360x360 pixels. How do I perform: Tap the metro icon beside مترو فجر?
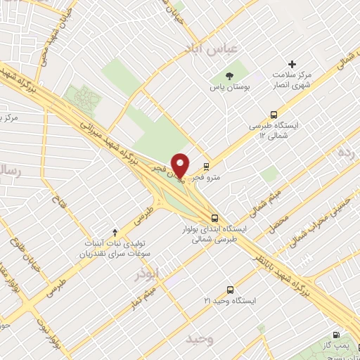tap(205, 167)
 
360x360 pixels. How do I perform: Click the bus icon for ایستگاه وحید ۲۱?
tap(231, 289)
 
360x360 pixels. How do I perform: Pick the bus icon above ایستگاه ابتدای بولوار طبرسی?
tap(214, 218)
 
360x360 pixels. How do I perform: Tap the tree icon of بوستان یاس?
tap(229, 75)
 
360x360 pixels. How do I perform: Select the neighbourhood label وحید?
tap(200, 339)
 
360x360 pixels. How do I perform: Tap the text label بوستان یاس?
tap(230, 89)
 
